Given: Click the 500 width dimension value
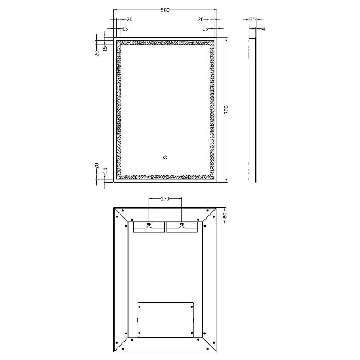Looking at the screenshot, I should tap(165, 10).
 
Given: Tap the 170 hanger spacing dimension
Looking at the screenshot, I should tap(165, 198).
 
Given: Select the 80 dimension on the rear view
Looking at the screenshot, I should tap(225, 216).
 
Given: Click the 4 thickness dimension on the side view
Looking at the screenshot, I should tap(264, 28).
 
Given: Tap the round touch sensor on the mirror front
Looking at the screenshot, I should tap(165, 157).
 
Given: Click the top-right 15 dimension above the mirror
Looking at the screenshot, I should tap(205, 28).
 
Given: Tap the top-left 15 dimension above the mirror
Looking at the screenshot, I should tap(125, 28).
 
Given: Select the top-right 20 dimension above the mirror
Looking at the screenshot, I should tap(201, 19).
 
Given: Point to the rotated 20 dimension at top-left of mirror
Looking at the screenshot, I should tap(96, 53).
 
